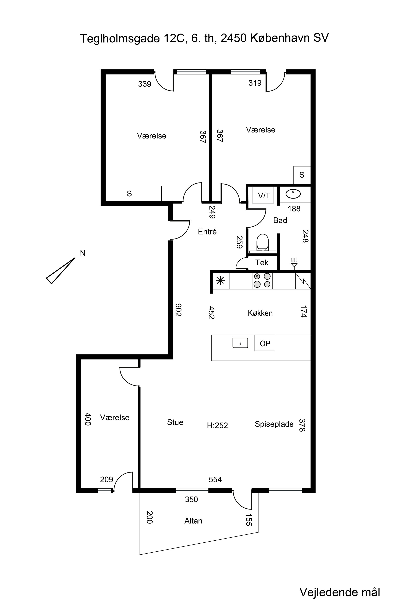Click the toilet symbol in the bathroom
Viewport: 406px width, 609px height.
coord(262,243)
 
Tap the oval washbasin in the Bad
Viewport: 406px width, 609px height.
coord(293,194)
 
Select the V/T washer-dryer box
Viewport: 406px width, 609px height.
coord(263,195)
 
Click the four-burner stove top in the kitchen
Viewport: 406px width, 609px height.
coord(262,280)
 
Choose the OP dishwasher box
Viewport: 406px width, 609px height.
coord(265,343)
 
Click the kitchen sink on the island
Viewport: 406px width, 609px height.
coord(240,343)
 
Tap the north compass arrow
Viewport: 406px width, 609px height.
coord(60,271)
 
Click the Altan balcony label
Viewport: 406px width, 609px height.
coord(193,521)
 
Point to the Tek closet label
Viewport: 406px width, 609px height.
coord(262,262)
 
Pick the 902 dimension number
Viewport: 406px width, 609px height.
coord(178,310)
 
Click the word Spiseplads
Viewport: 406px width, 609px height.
coord(274,424)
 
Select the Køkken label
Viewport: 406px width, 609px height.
coord(260,313)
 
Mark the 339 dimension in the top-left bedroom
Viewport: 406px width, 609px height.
coord(145,84)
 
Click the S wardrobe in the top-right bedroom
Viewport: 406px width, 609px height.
coord(302,175)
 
